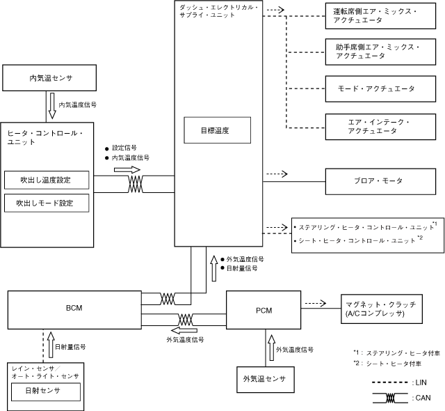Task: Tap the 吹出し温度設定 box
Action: point(47,180)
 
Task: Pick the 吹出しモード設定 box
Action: point(47,203)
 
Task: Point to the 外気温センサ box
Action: point(261,379)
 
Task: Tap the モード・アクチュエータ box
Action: point(381,88)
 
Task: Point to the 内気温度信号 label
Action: point(77,104)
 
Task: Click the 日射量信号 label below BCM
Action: point(70,346)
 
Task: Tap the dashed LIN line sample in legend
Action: point(391,382)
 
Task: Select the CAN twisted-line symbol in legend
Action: point(391,398)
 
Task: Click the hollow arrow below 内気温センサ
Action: point(51,105)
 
